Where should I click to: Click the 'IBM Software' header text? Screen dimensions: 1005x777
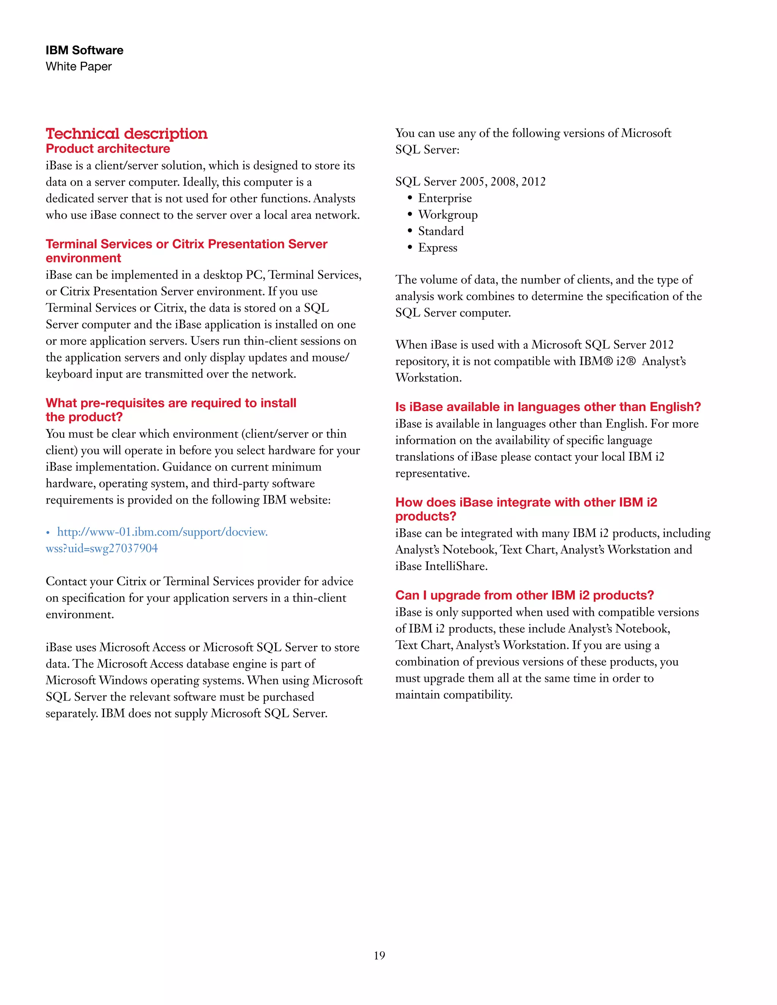point(84,50)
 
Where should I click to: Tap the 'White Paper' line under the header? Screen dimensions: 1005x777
point(79,67)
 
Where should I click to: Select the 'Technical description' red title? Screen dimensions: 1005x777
point(127,134)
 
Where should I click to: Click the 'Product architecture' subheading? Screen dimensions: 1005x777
point(108,149)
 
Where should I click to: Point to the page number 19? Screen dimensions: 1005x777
point(379,956)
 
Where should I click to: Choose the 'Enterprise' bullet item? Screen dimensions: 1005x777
point(445,198)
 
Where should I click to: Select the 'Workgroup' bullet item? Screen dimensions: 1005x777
point(447,215)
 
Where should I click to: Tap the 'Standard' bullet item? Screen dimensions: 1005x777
point(440,231)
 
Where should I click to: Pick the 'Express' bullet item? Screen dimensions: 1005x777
point(437,248)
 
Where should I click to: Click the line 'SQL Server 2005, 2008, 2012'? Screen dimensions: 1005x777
point(470,182)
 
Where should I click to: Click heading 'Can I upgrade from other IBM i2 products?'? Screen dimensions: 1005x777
point(524,595)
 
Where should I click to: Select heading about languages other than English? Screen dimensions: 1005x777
point(548,407)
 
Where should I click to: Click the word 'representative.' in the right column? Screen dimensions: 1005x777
point(432,474)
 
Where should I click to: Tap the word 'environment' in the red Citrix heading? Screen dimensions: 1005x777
point(83,258)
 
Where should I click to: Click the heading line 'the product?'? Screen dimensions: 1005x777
point(84,418)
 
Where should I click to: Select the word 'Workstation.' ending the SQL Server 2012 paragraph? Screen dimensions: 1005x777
point(428,378)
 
